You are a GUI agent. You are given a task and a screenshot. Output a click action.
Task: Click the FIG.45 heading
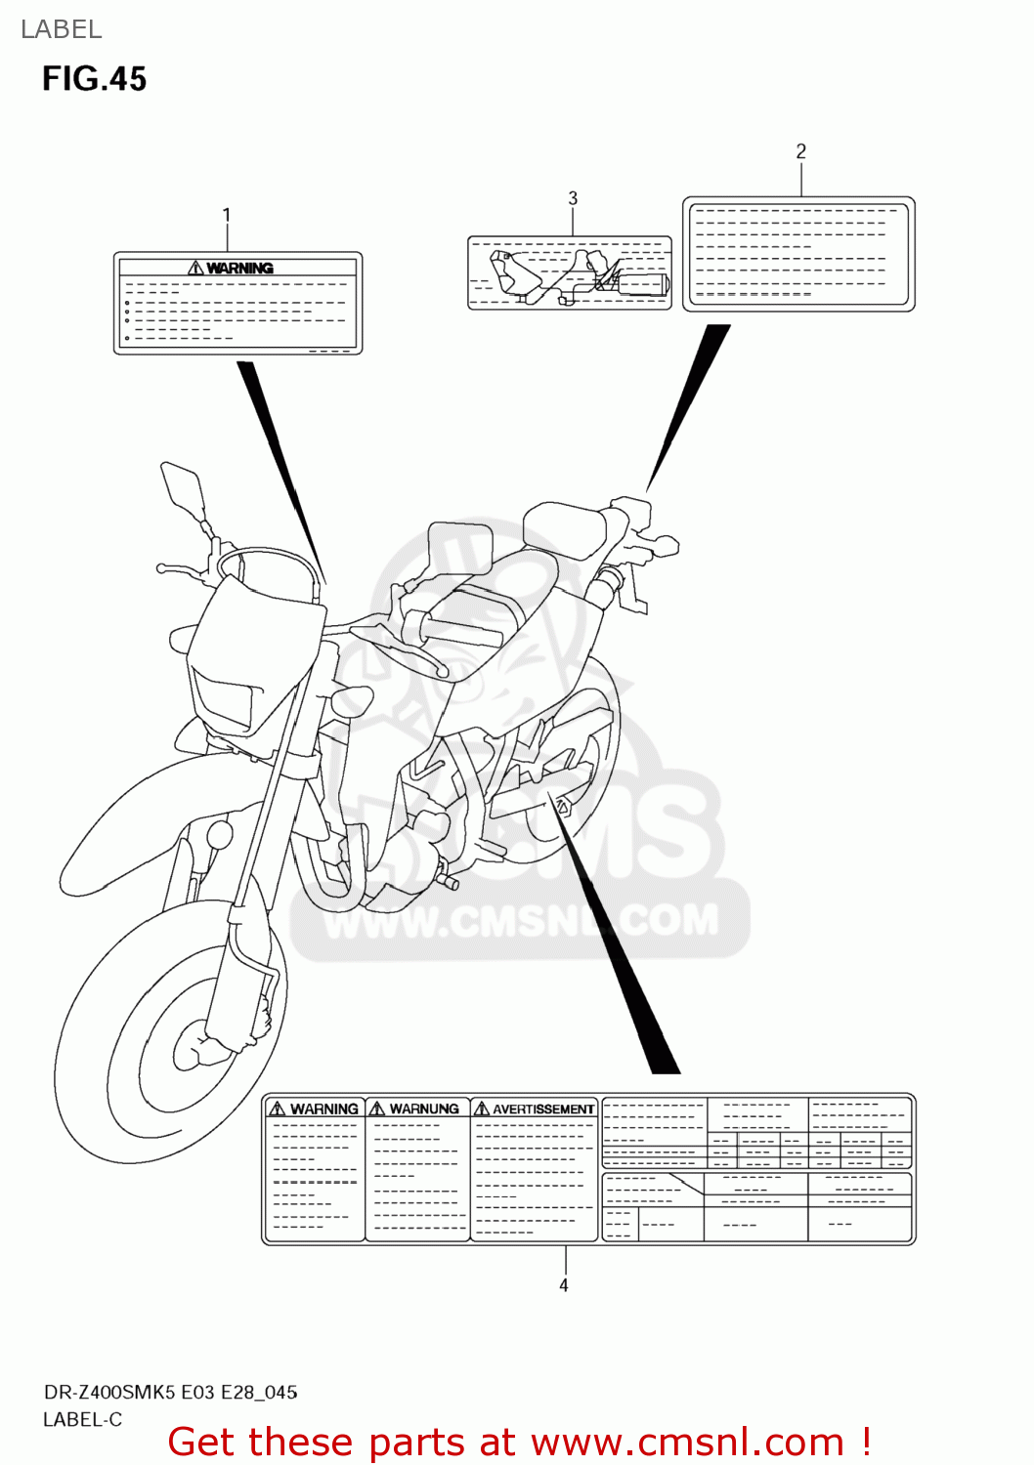coord(94,79)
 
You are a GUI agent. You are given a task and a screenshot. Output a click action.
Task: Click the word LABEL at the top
coord(61,29)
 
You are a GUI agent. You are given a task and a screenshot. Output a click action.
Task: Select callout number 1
coord(227,215)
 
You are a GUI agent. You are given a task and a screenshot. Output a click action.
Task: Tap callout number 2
coord(800,151)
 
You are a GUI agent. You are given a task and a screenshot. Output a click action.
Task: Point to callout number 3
coord(573,198)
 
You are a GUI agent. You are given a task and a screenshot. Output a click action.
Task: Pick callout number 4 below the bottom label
coord(564,1285)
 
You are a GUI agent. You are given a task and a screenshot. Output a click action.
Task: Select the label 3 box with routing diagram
coord(569,272)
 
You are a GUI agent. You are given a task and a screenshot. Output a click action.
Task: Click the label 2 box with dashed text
coord(798,254)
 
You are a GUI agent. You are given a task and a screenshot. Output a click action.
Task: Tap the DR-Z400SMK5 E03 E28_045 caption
coord(170,1392)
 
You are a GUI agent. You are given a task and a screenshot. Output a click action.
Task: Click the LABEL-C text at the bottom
coord(82,1419)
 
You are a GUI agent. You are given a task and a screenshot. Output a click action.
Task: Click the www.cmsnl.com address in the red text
coord(687,1442)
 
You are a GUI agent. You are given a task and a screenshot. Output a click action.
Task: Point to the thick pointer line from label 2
coord(689,405)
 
